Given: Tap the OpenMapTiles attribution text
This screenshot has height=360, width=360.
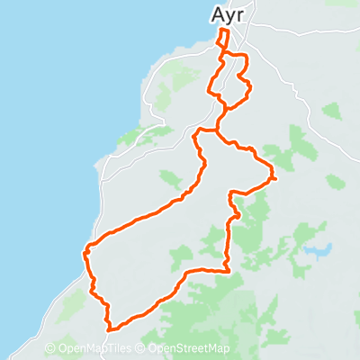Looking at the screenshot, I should tap(94, 349).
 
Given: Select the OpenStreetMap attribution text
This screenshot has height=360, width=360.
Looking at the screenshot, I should tap(189, 349).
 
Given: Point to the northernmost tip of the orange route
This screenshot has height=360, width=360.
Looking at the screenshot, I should tap(223, 31).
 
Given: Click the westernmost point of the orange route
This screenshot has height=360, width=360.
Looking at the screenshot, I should tap(85, 252).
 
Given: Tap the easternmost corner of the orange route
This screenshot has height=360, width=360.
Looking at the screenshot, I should tap(274, 178).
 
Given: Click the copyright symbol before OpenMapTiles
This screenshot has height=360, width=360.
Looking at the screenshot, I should tap(51, 349).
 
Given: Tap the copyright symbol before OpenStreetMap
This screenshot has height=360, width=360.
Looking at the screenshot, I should tap(142, 349).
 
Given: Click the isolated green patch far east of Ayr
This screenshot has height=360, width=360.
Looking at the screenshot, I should tap(331, 112).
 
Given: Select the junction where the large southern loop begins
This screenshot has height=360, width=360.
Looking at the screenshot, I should tap(216, 130).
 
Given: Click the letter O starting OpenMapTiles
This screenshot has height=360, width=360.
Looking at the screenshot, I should tap(62, 349).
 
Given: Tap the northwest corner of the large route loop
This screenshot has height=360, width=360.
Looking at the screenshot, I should tap(197, 134).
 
